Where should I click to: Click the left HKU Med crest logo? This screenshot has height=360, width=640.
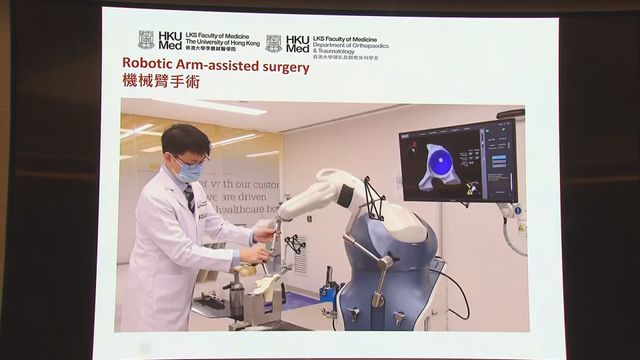(x=146, y=40)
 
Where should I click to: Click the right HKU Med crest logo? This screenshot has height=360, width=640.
(x=273, y=43)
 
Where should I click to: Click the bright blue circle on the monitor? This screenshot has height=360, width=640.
(x=439, y=162)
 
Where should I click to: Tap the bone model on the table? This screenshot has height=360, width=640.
(x=267, y=284)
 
